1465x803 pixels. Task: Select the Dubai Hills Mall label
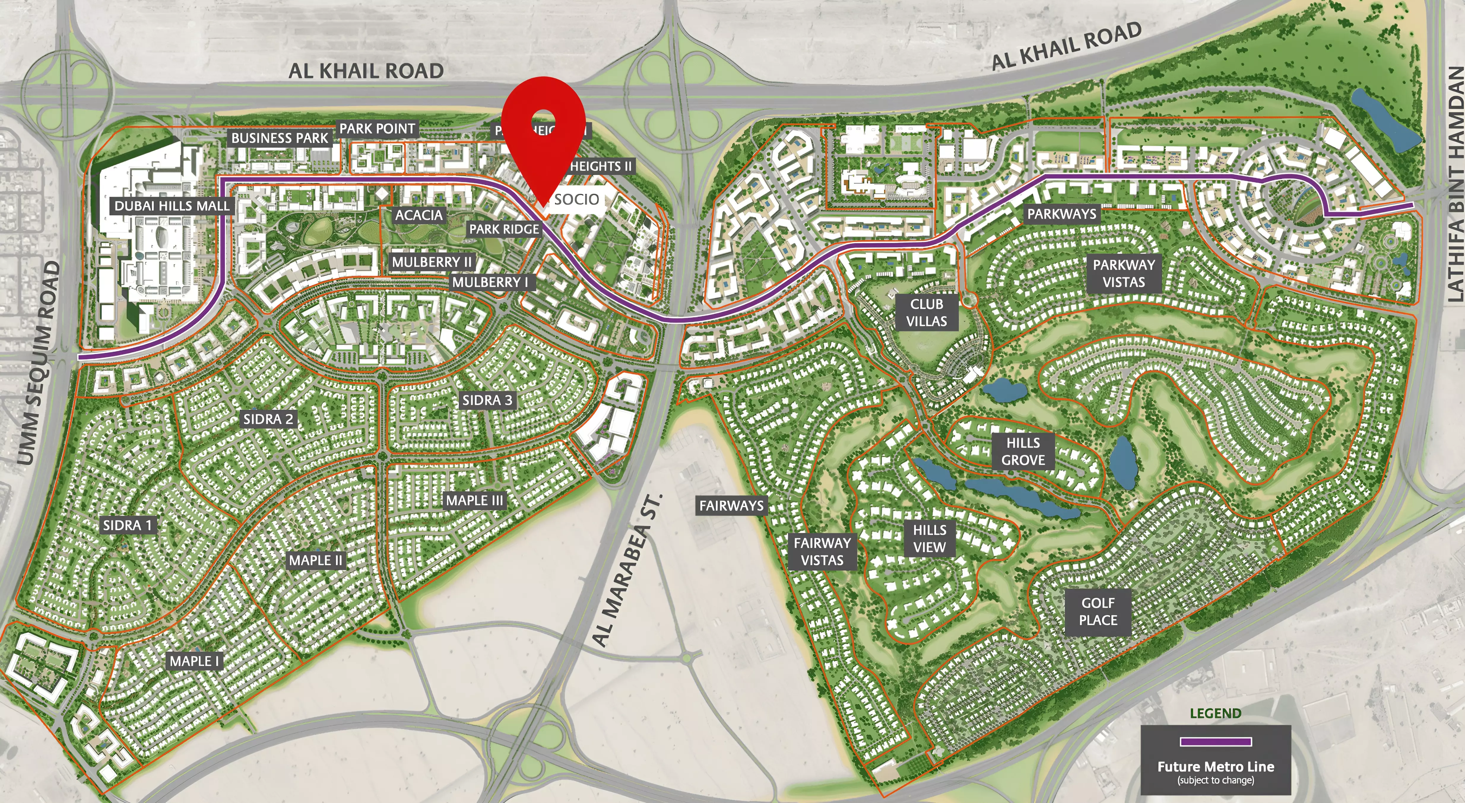[172, 206]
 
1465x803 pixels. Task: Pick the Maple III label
[474, 501]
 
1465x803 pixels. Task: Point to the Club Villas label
[926, 313]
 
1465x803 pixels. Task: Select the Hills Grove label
[1023, 451]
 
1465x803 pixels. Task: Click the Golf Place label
[1098, 611]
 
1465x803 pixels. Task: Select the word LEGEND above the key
[1215, 713]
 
